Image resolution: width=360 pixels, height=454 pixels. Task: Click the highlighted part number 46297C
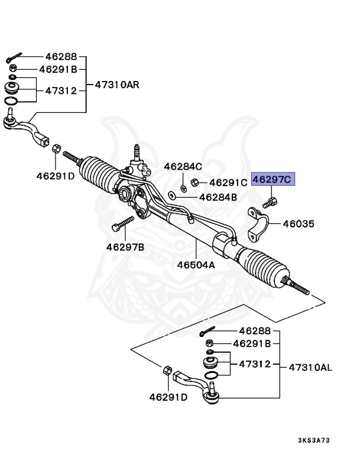[272, 179]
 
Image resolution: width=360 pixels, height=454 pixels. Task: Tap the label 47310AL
[310, 368]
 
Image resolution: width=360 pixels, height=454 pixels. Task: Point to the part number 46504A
[196, 265]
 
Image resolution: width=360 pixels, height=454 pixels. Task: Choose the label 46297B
[125, 247]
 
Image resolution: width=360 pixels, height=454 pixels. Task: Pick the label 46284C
[183, 167]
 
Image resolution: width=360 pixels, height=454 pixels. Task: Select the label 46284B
[218, 197]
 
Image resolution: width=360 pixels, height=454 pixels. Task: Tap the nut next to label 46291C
[194, 183]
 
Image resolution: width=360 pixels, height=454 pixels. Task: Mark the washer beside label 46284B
[171, 194]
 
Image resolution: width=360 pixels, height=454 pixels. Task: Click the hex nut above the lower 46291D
[167, 371]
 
